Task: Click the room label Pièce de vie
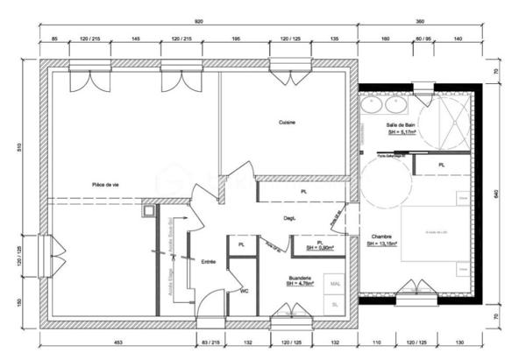tap(104, 184)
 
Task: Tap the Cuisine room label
tap(287, 123)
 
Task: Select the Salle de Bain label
tap(400, 125)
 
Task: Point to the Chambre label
tap(381, 236)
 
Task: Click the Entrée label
tap(209, 261)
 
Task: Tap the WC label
tap(245, 290)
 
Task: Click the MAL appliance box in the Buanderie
tap(334, 284)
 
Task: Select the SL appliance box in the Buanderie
tap(334, 305)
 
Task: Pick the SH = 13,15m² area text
tap(382, 244)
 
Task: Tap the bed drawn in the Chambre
tap(436, 230)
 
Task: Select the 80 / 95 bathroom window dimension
tap(423, 39)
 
